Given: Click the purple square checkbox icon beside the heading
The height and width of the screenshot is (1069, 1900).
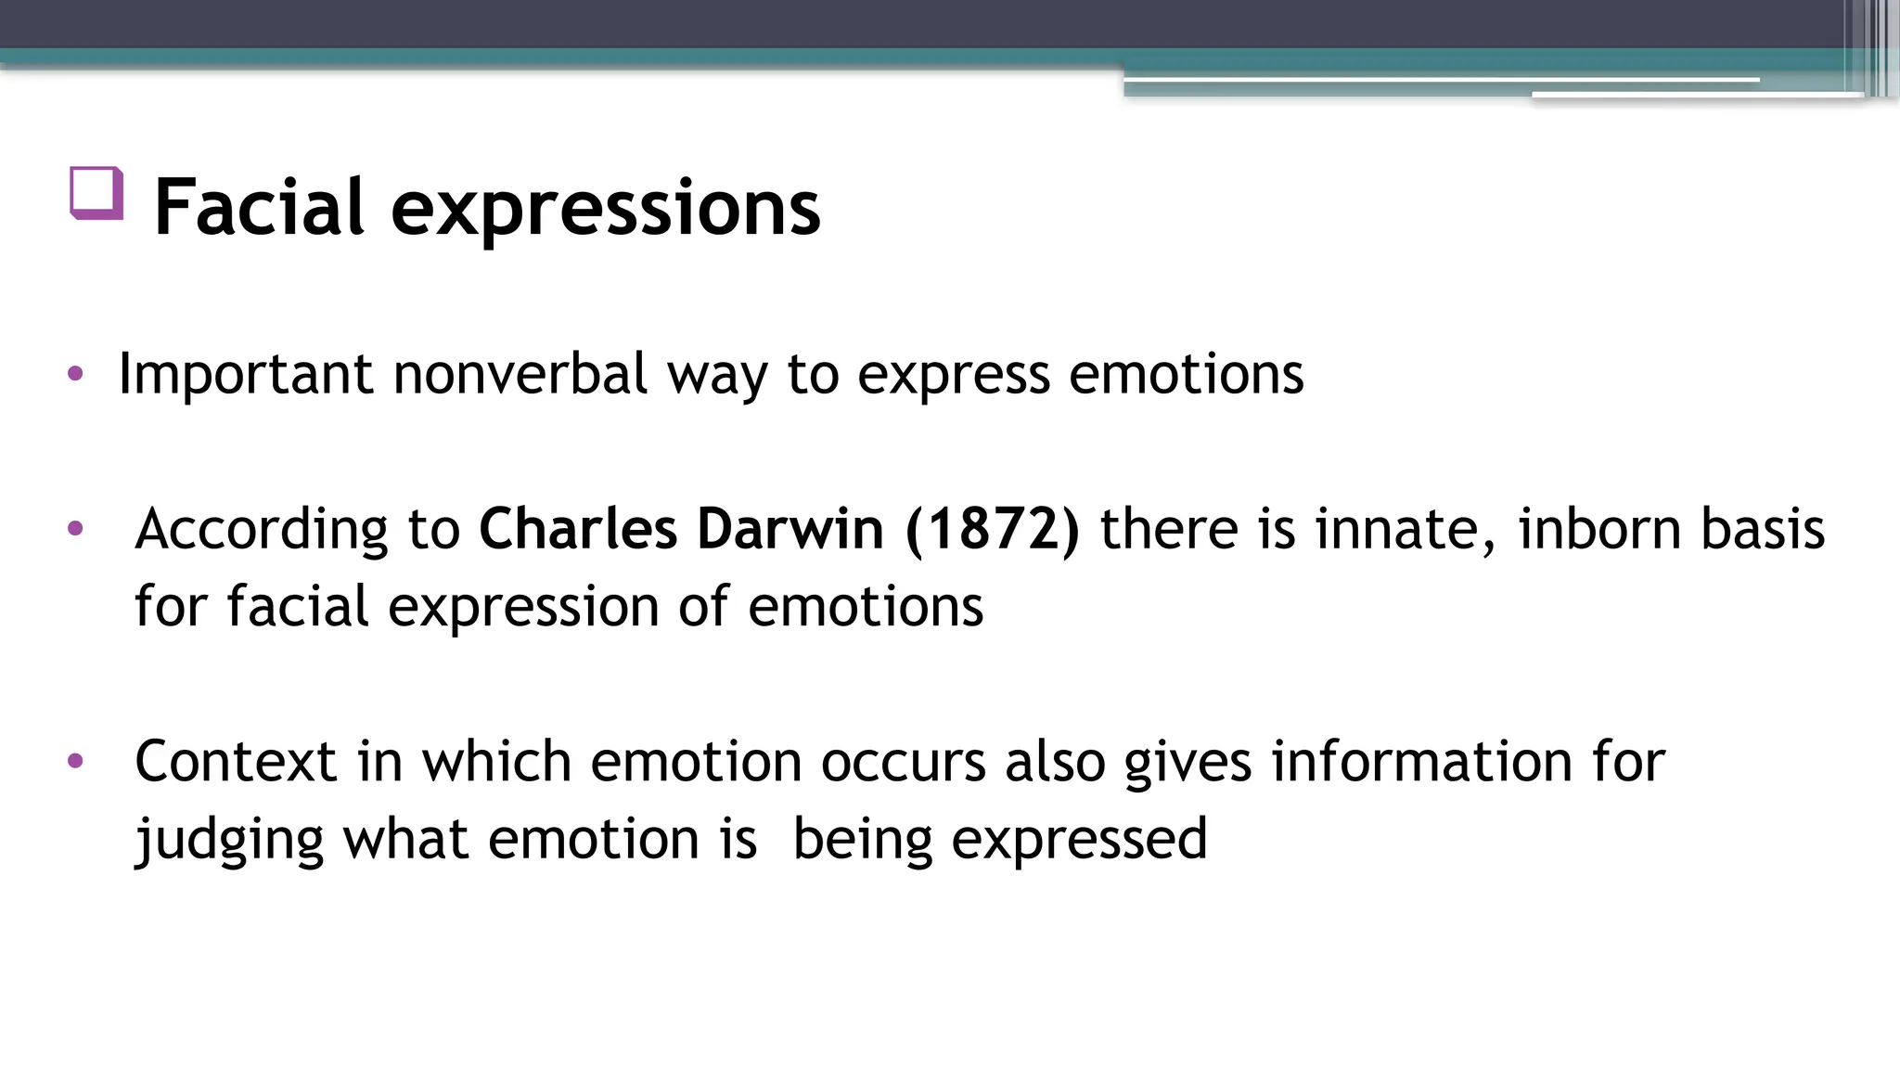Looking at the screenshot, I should (x=96, y=193).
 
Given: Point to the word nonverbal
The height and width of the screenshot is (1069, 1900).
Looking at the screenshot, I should (x=520, y=374).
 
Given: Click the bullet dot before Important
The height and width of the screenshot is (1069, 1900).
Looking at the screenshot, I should (x=76, y=375).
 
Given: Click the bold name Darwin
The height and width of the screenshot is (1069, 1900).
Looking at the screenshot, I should (x=790, y=530).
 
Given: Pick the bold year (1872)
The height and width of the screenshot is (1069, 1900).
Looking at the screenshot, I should (x=993, y=530).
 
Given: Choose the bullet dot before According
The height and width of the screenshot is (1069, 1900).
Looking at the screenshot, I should (x=76, y=530).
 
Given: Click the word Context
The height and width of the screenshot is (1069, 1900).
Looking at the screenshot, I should (x=236, y=762).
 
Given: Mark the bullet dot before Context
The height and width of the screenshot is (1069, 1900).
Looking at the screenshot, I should (x=76, y=762).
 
